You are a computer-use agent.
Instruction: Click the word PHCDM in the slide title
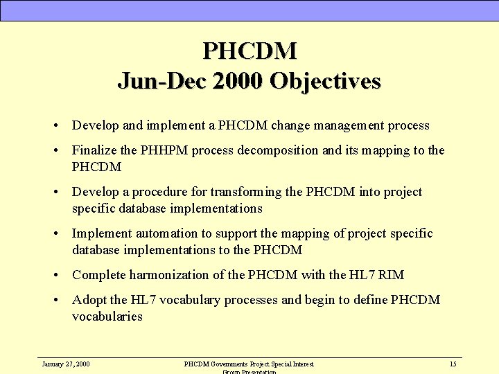[249, 51]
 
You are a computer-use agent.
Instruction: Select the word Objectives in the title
[325, 81]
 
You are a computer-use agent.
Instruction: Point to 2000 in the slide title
[237, 81]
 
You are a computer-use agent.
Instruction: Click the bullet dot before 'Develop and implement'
[54, 126]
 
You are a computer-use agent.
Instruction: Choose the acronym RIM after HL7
[392, 275]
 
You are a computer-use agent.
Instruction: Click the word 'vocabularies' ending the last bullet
[107, 317]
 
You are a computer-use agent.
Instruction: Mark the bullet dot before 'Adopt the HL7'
[54, 301]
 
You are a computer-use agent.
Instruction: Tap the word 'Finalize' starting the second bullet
[94, 150]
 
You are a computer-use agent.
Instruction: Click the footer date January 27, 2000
[66, 364]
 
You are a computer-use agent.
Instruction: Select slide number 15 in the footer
[453, 364]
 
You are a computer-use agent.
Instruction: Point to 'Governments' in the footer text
[226, 364]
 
